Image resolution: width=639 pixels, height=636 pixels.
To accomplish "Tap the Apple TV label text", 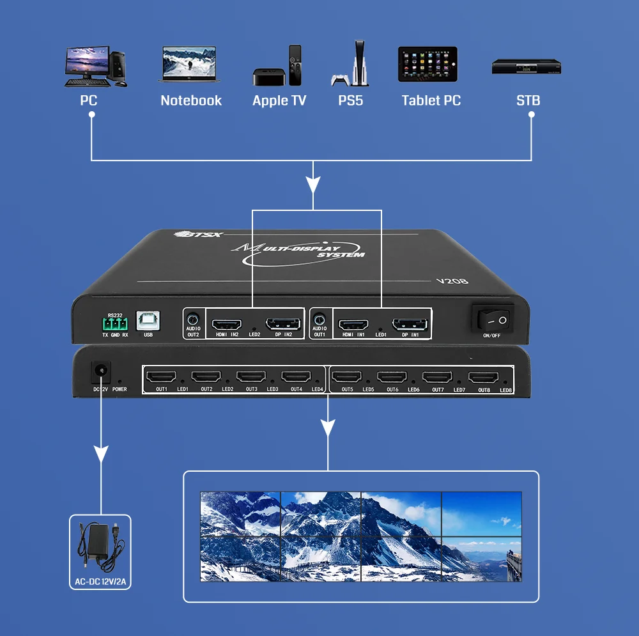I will (279, 100).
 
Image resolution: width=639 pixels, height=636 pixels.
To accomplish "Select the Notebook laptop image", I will (190, 64).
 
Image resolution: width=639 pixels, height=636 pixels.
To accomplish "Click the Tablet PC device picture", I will (427, 64).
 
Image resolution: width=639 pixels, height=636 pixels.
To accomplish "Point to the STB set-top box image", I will (526, 67).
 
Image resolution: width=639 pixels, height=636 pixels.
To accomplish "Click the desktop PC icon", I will (95, 65).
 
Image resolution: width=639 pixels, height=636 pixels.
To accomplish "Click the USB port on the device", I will (148, 321).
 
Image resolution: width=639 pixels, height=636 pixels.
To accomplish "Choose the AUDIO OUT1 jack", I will (319, 319).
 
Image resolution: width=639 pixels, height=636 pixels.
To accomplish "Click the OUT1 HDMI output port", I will (161, 377).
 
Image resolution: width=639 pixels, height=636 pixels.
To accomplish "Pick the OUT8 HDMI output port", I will (484, 378).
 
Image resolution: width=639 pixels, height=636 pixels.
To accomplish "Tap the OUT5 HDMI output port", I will (348, 377).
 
